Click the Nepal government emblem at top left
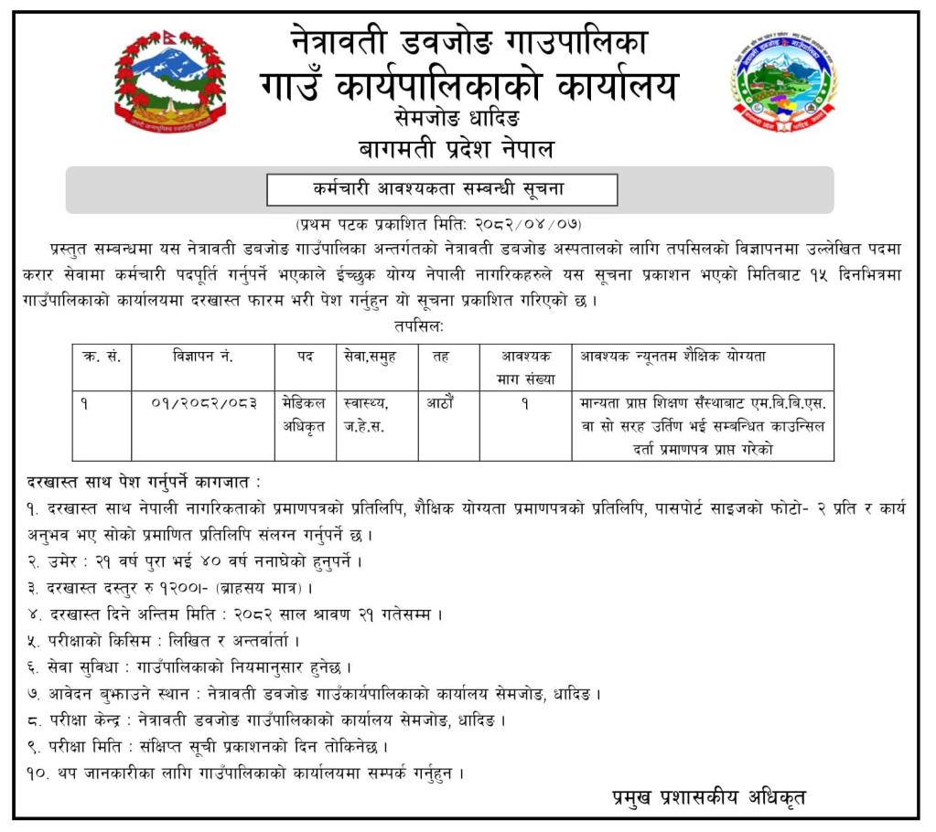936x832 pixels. point(170,82)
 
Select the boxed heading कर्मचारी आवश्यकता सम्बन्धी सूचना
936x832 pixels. point(441,189)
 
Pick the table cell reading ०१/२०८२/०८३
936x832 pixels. point(203,401)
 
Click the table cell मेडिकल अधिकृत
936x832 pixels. point(305,412)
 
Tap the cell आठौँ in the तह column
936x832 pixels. point(439,401)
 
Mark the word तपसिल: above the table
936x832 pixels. point(417,325)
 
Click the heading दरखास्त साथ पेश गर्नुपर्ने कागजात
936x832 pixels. point(143,481)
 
